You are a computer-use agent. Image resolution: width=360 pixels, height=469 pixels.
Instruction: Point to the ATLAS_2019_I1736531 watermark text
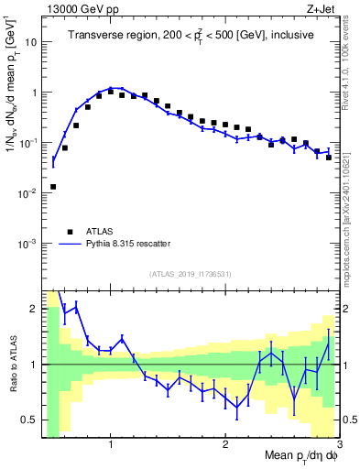click(x=190, y=273)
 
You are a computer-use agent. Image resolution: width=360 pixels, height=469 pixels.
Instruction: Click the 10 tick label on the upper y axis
click(x=30, y=42)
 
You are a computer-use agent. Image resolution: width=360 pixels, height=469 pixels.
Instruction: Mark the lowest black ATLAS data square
click(x=53, y=187)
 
